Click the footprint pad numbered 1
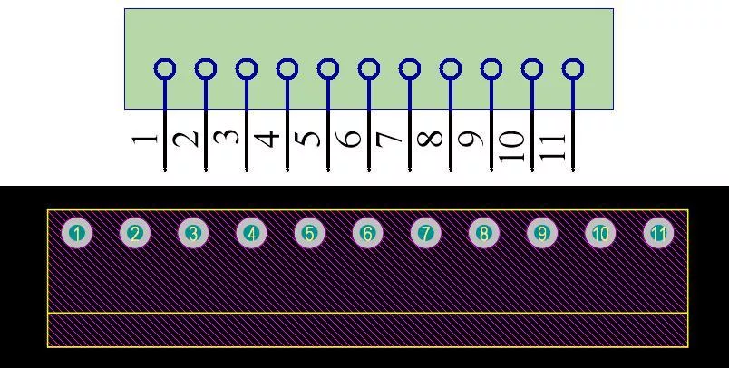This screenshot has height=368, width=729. pyautogui.click(x=77, y=233)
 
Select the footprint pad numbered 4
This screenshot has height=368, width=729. pyautogui.click(x=251, y=233)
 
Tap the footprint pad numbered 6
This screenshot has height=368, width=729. pyautogui.click(x=367, y=233)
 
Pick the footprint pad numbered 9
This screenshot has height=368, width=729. pyautogui.click(x=542, y=233)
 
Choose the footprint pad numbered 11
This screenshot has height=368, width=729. pyautogui.click(x=658, y=233)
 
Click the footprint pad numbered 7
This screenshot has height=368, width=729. pyautogui.click(x=426, y=233)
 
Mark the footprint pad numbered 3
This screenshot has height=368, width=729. pyautogui.click(x=193, y=233)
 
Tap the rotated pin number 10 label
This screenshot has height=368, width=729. pyautogui.click(x=512, y=146)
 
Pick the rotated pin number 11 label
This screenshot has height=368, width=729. pyautogui.click(x=553, y=147)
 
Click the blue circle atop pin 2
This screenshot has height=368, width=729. pyautogui.click(x=206, y=69)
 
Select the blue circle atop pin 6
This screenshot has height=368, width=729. pyautogui.click(x=369, y=69)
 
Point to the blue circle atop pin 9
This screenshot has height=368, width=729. pyautogui.click(x=491, y=69)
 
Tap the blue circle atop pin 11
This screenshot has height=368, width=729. pyautogui.click(x=573, y=69)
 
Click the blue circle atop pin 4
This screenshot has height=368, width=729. pyautogui.click(x=287, y=69)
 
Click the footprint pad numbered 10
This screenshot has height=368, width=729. pyautogui.click(x=600, y=233)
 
